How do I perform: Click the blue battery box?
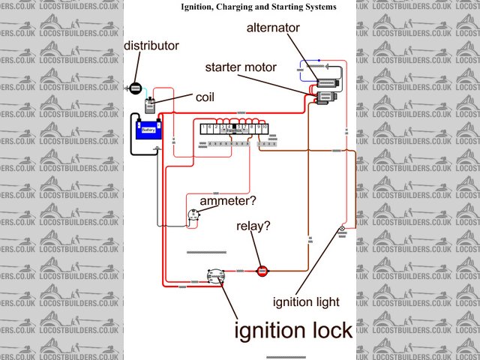point(148,129)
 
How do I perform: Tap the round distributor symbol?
point(136,88)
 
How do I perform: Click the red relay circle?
point(262,271)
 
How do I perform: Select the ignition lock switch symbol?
point(216,277)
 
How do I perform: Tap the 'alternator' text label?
point(274,28)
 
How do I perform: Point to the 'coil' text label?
point(205,97)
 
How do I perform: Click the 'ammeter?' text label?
point(226,201)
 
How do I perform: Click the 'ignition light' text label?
point(306,302)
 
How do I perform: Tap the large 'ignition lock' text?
point(293,331)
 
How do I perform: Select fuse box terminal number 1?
point(205,128)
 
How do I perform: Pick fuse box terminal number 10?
point(265,128)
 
